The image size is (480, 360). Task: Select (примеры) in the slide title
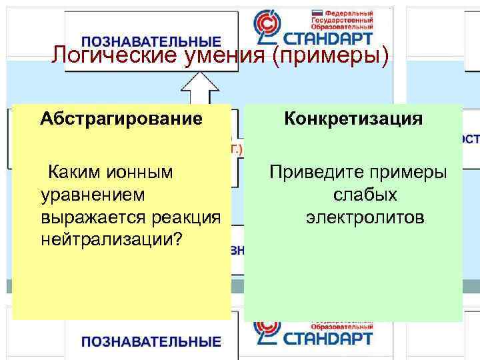(x=330, y=56)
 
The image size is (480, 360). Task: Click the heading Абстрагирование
(x=121, y=119)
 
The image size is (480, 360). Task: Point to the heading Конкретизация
(x=353, y=119)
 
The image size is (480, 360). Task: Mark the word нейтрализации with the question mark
(x=112, y=239)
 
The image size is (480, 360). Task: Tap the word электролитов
(x=365, y=217)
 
